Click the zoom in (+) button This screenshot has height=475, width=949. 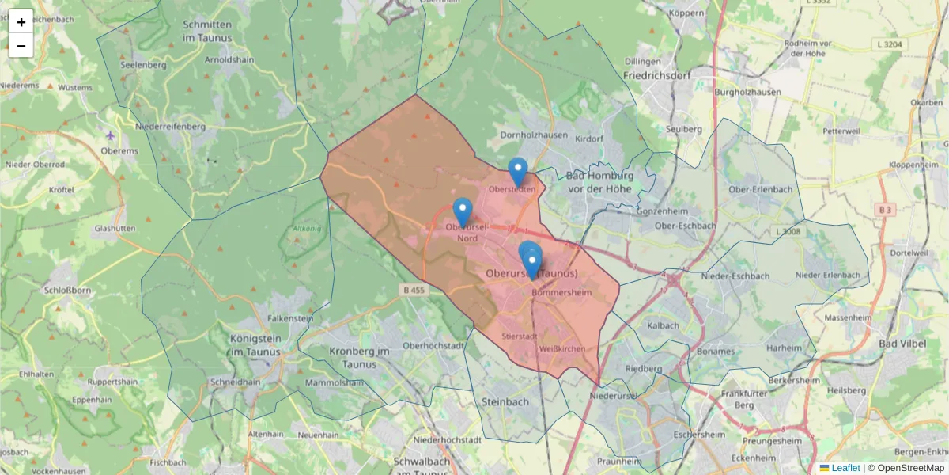21,22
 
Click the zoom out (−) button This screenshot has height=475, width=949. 21,46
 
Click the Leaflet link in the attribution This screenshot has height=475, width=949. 845,468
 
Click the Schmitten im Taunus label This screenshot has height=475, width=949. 207,31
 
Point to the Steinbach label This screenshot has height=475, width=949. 505,402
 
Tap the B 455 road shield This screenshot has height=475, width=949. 414,290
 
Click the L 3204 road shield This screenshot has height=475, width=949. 890,44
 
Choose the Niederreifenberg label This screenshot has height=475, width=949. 171,126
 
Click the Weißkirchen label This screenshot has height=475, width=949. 561,348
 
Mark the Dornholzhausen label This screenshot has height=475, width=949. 534,135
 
